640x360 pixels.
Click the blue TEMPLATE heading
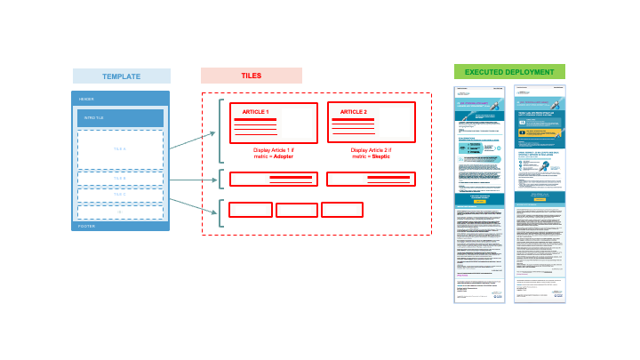click(121, 76)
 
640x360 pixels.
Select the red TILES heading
click(251, 76)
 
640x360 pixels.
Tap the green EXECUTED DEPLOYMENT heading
click(509, 72)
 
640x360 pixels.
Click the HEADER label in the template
click(86, 99)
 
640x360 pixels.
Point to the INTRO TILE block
click(120, 118)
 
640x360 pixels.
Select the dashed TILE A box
click(120, 148)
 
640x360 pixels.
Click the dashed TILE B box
click(120, 178)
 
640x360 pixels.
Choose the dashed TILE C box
click(120, 194)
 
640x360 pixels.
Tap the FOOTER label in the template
click(87, 227)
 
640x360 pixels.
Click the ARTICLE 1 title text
click(255, 112)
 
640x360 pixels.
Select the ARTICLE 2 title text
click(353, 112)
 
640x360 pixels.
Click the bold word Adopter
click(284, 156)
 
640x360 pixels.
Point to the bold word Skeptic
click(382, 156)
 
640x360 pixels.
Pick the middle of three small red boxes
click(297, 211)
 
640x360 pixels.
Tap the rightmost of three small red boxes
click(342, 210)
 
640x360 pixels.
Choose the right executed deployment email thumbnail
click(540, 194)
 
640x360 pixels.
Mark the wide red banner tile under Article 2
click(371, 179)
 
